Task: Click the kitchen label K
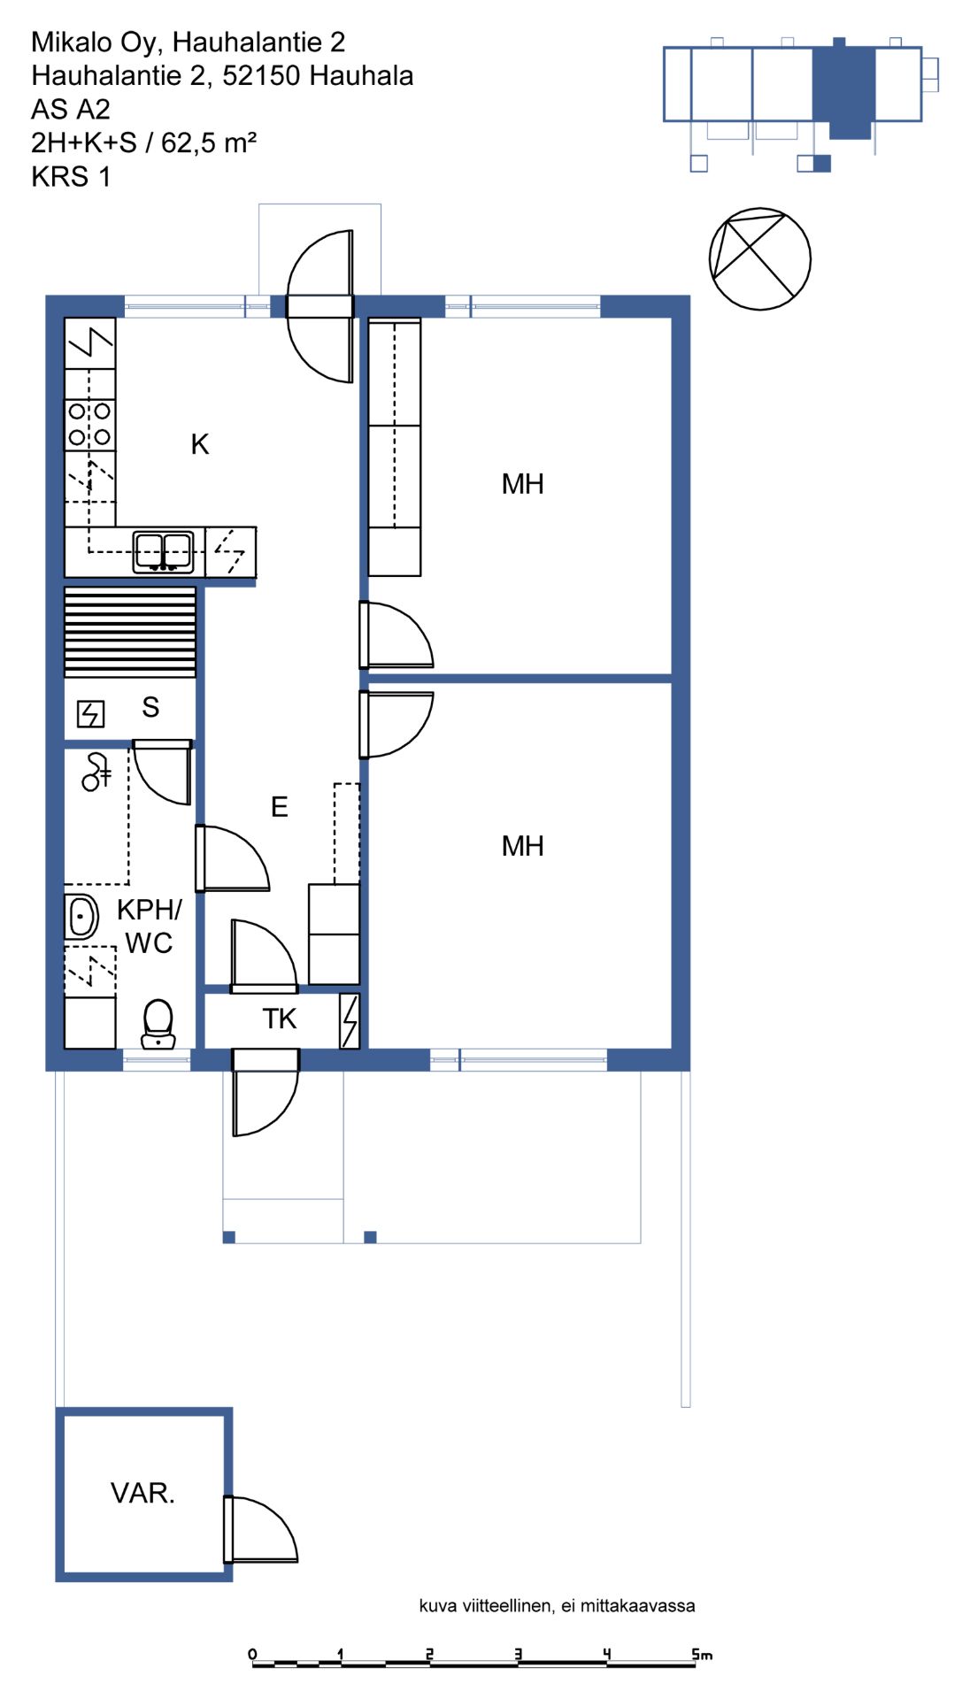click(200, 444)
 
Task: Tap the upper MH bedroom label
click(522, 484)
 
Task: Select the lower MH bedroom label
click(522, 846)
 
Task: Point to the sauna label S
click(150, 707)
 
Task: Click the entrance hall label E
click(279, 807)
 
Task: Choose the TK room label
click(280, 1019)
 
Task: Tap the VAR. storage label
click(142, 1494)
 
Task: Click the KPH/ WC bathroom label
click(149, 926)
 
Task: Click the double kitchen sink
click(163, 552)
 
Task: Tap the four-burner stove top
click(90, 424)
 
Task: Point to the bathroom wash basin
click(81, 916)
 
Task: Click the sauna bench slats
click(130, 632)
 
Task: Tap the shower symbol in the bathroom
click(95, 772)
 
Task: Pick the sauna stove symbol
click(91, 713)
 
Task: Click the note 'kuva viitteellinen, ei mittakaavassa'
click(557, 1606)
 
